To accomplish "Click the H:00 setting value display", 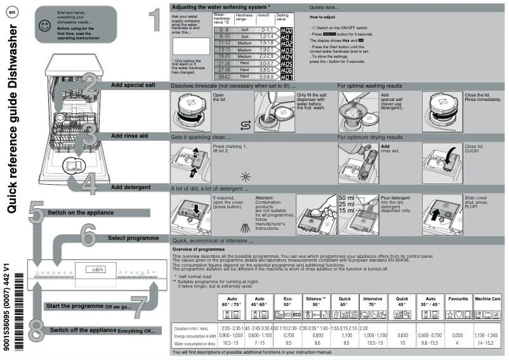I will tap(286, 30).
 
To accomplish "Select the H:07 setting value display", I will tap(286, 76).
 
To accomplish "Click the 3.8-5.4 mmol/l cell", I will tap(267, 70).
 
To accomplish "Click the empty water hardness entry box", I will tap(190, 46).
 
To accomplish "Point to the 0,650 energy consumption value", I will tap(402, 335).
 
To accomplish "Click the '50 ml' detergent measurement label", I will tap(347, 198).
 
